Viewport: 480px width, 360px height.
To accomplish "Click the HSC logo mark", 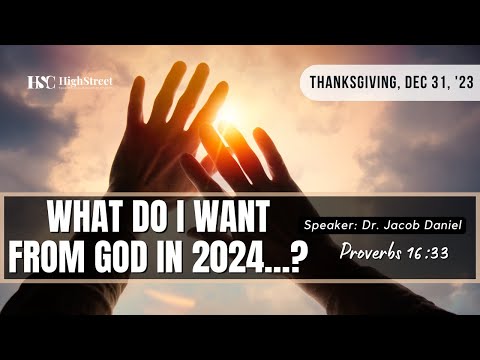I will point(41,82).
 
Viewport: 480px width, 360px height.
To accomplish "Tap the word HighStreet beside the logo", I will point(85,81).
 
